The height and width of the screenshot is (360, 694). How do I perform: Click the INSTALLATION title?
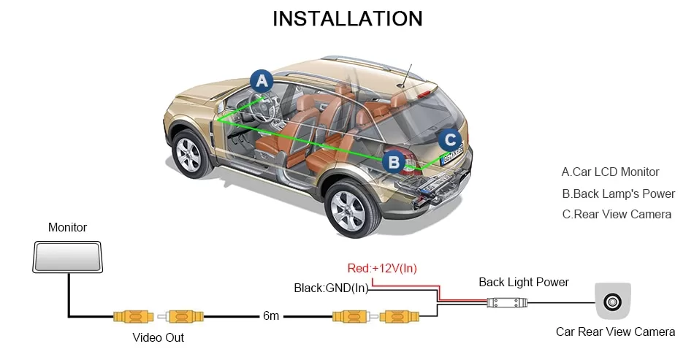click(347, 18)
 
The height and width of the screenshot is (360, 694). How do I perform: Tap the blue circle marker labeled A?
click(261, 81)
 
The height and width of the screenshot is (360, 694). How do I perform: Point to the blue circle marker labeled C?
click(451, 139)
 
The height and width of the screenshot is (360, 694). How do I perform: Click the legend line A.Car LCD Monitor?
click(610, 172)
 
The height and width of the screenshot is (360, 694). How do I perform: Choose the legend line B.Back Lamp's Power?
click(618, 194)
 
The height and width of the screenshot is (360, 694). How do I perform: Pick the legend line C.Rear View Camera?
click(616, 215)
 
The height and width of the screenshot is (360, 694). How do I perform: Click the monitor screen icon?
click(68, 258)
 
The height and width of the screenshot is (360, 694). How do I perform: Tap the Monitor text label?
click(67, 228)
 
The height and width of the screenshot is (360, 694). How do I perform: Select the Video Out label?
click(158, 337)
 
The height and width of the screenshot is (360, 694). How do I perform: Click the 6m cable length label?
click(270, 316)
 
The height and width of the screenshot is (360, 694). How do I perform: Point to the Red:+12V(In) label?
click(382, 269)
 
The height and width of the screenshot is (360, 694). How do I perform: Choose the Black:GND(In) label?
click(331, 288)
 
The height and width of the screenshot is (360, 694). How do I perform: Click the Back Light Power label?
click(523, 282)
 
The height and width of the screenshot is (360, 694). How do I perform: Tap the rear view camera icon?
click(613, 300)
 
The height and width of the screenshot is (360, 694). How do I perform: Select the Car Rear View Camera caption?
click(615, 332)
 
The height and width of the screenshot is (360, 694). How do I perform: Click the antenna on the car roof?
click(405, 76)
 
